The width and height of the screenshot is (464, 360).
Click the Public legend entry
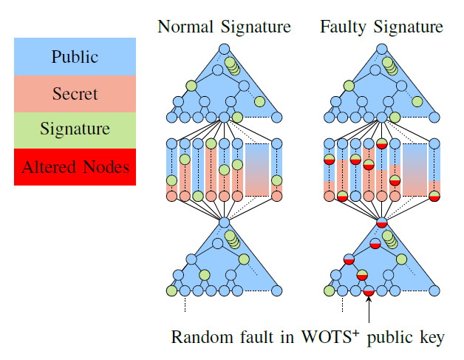click(75, 57)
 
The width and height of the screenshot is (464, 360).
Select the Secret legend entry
click(75, 94)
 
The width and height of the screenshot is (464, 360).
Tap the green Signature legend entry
click(75, 130)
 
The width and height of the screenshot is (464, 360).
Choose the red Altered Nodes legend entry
click(75, 167)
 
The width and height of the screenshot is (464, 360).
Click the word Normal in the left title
click(185, 27)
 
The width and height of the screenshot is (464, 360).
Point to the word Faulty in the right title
click(344, 27)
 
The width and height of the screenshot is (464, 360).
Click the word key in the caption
click(431, 338)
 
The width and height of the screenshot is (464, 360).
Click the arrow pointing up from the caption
click(369, 310)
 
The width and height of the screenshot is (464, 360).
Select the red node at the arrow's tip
click(369, 292)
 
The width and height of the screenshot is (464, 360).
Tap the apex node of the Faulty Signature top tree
click(381, 49)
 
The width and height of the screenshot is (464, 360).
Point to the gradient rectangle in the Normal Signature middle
click(256, 169)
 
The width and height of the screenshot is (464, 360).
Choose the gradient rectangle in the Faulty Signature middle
click(414, 169)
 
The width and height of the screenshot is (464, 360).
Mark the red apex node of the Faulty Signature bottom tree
click(381, 223)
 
